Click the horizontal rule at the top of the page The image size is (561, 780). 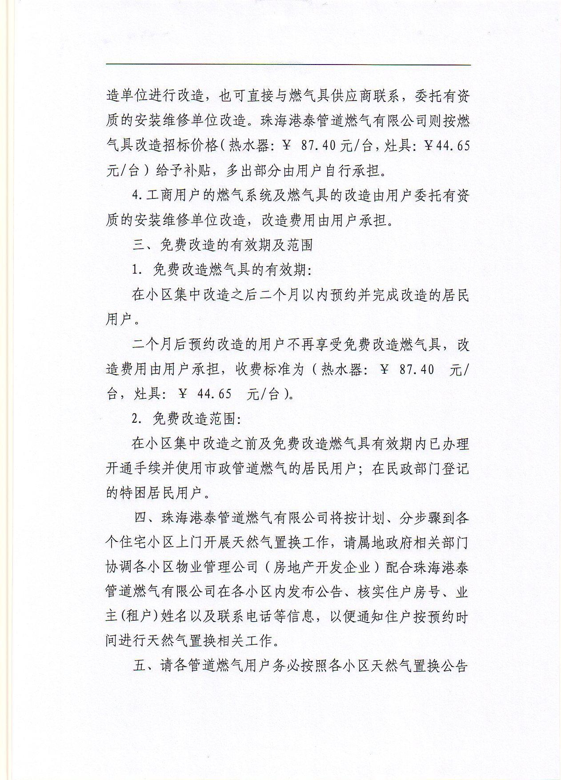tap(288, 65)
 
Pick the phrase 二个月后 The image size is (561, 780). tap(157, 344)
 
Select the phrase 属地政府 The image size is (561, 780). tap(386, 543)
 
